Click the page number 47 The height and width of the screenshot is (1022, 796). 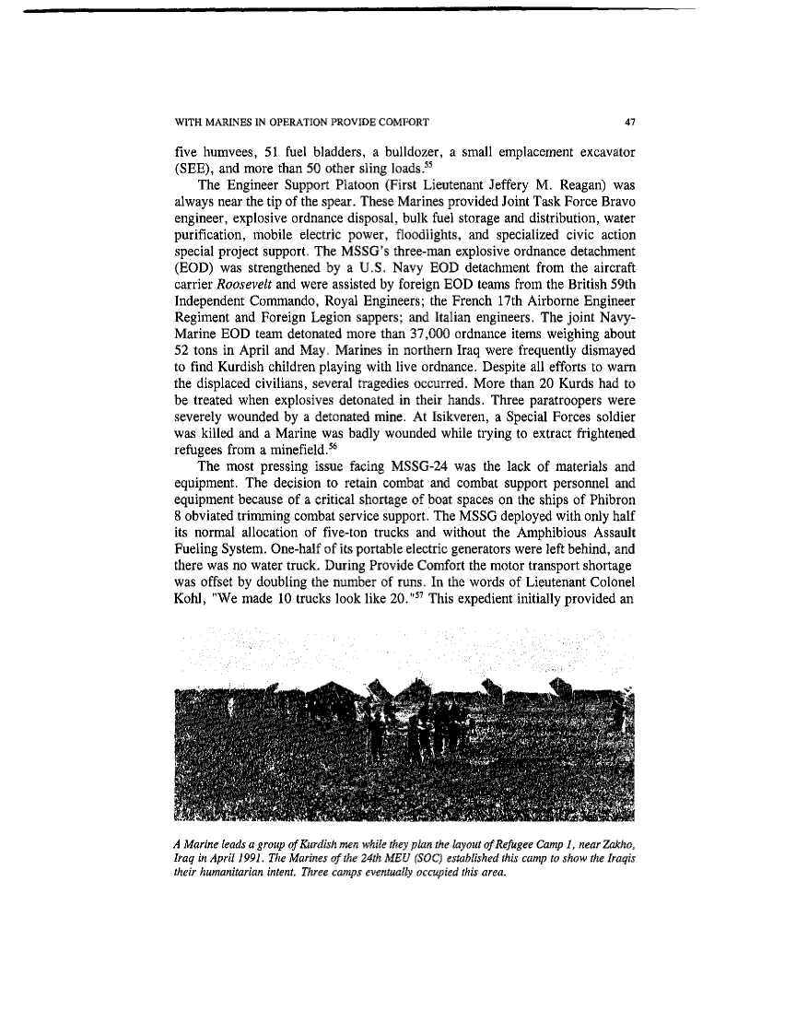tap(630, 121)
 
